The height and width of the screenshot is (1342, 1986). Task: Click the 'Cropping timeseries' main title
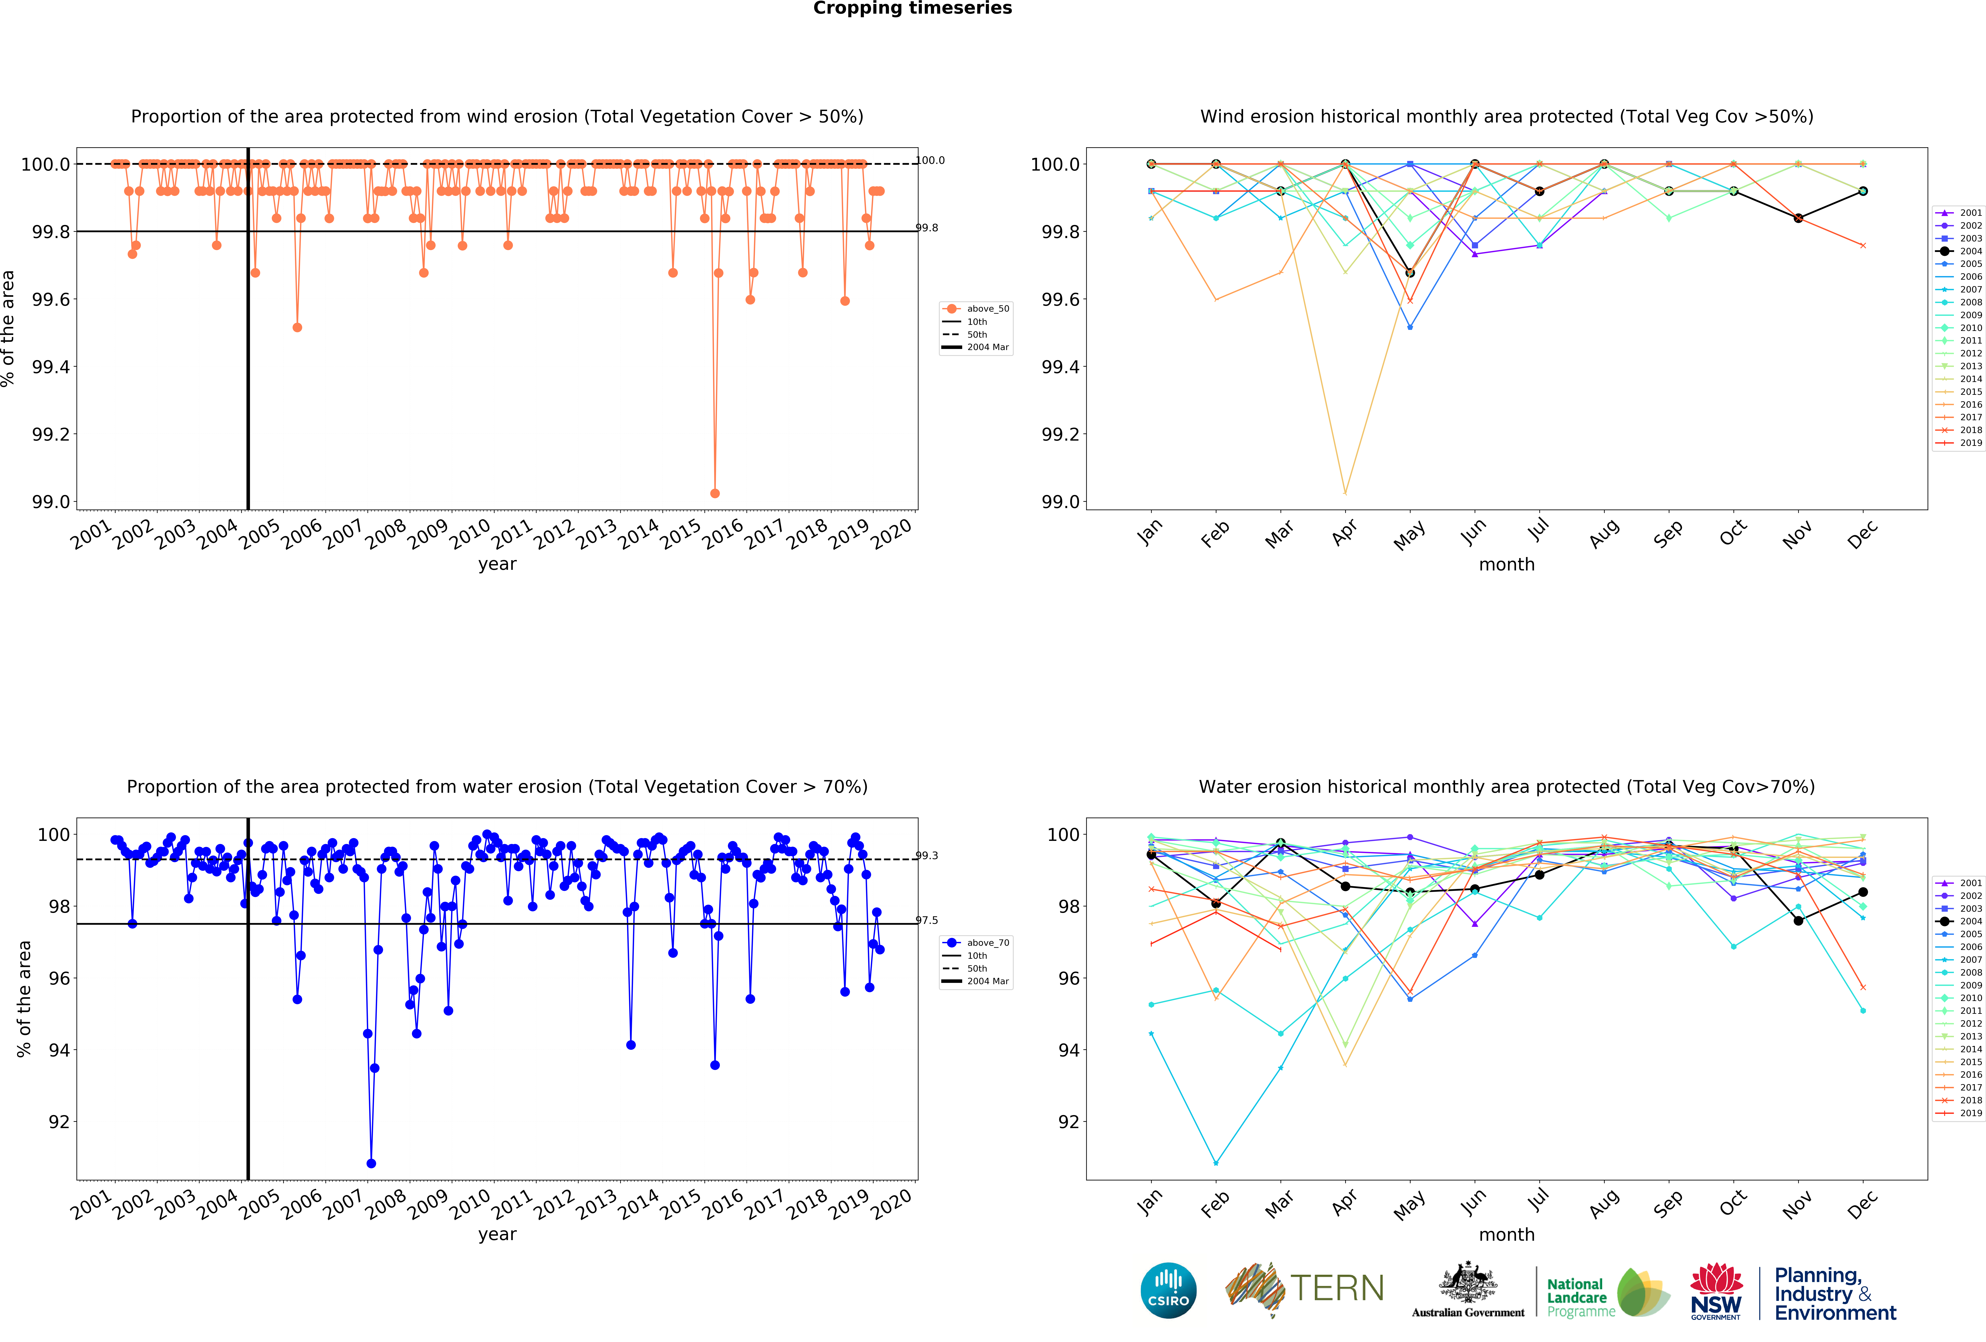tap(912, 9)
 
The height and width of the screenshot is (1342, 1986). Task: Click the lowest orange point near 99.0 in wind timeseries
tap(714, 493)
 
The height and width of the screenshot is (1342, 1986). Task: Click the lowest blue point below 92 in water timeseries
tap(371, 1163)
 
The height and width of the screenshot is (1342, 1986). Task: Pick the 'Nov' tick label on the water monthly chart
tap(1797, 1204)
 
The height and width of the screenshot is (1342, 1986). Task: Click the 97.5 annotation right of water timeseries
tap(927, 921)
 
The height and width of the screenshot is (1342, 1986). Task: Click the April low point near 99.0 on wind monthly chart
tap(1345, 493)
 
